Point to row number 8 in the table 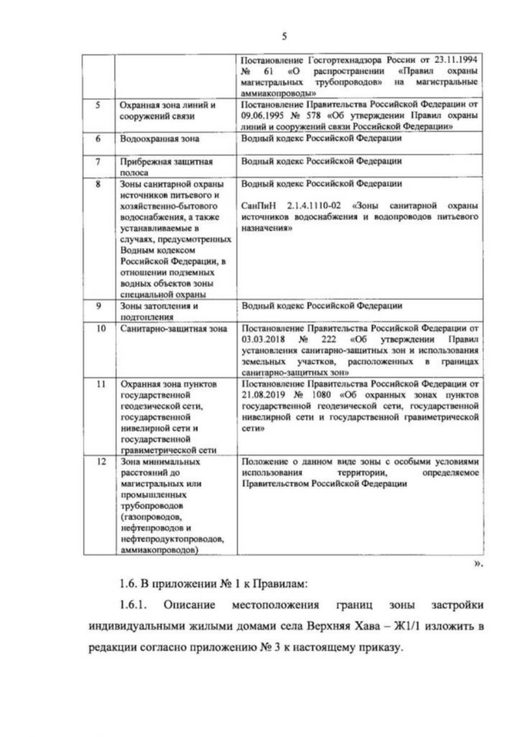(99, 185)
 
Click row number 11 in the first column (100, 382)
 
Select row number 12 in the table (100, 462)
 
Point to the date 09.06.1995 (269, 116)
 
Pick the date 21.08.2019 (269, 393)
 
